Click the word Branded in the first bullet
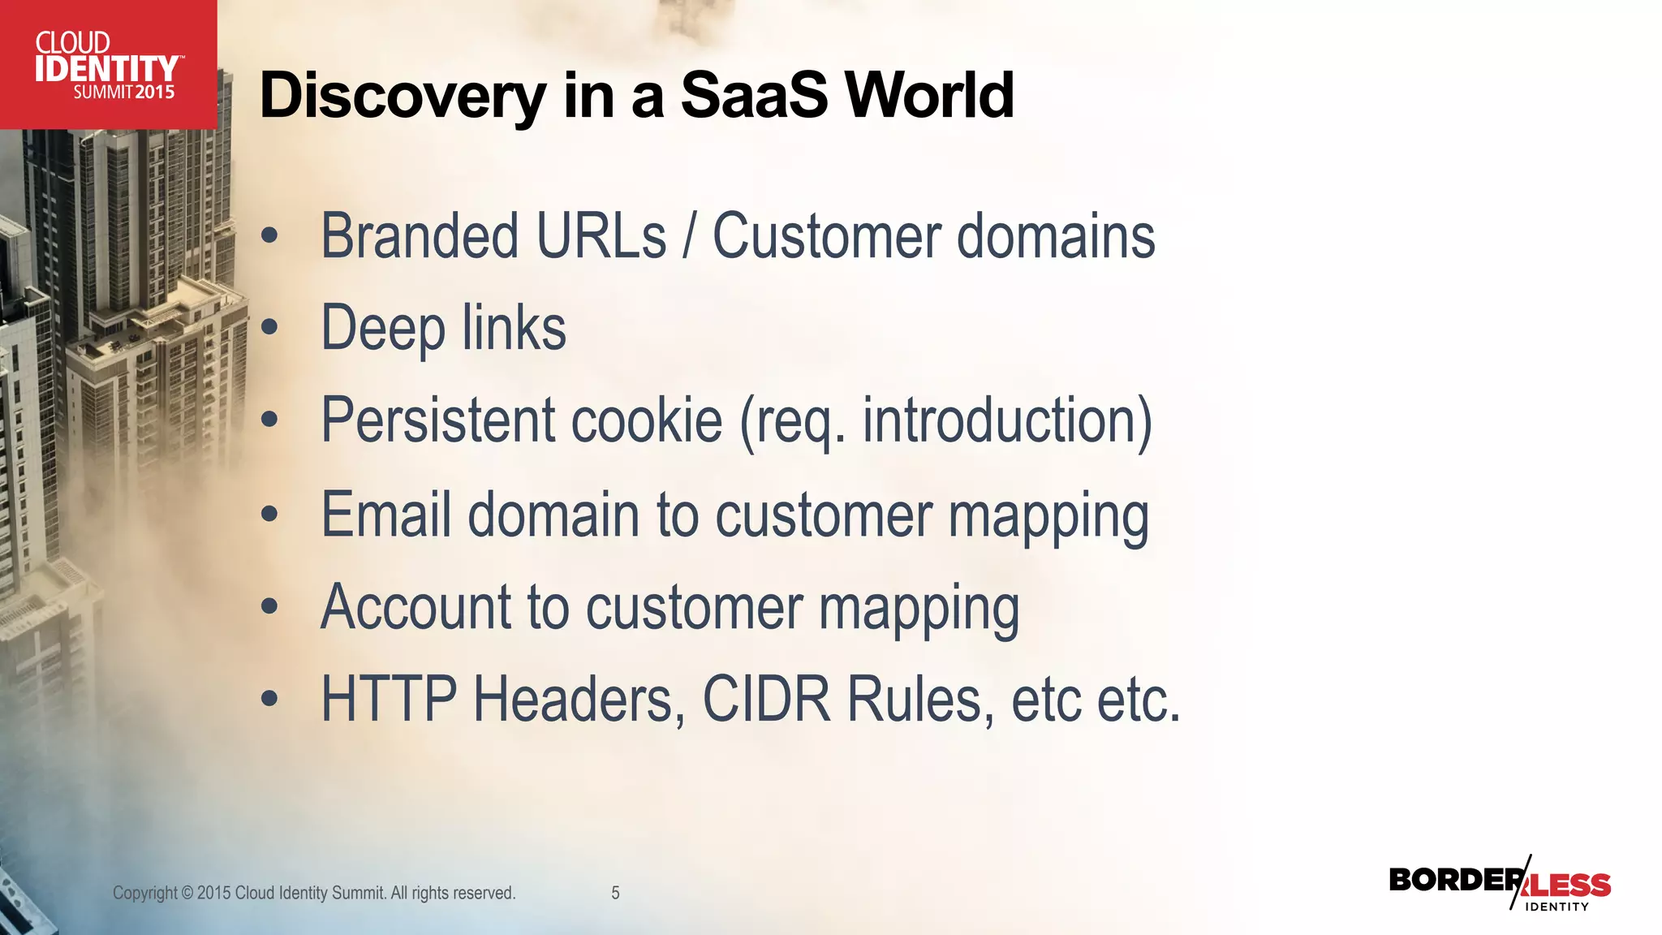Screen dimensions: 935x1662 tap(420, 236)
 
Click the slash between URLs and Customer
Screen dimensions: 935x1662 tap(690, 237)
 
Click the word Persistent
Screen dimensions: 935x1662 tap(438, 420)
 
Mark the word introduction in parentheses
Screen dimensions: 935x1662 tap(999, 420)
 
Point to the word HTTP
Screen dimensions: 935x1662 tap(390, 699)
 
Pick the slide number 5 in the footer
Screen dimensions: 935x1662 tap(615, 893)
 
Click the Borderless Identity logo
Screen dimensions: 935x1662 tap(1500, 885)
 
